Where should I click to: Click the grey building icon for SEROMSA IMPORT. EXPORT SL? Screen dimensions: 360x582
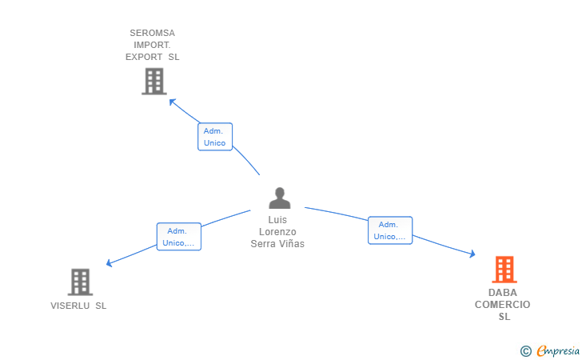(153, 82)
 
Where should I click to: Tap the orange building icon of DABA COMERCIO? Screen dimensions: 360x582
(504, 270)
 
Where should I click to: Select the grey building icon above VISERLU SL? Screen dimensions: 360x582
(80, 282)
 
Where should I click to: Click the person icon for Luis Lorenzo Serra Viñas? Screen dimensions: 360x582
(279, 198)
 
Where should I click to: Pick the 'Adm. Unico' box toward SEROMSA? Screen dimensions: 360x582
(215, 137)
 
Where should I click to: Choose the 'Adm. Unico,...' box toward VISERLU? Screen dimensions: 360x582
(178, 237)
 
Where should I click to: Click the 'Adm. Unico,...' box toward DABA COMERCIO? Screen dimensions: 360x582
(390, 230)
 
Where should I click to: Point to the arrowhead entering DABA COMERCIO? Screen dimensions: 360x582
(472, 254)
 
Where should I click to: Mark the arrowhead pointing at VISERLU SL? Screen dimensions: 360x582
(110, 263)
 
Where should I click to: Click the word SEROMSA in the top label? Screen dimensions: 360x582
(152, 34)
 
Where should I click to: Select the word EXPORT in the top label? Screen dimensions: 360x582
(145, 58)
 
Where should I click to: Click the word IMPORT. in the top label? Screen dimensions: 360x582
(152, 46)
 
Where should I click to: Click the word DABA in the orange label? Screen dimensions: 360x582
(503, 293)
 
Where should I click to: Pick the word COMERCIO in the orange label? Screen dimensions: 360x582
(503, 305)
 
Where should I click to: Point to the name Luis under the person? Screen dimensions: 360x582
(277, 220)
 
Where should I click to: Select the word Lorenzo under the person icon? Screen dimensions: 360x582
(277, 232)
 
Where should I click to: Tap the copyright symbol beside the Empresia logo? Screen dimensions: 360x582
(526, 350)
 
